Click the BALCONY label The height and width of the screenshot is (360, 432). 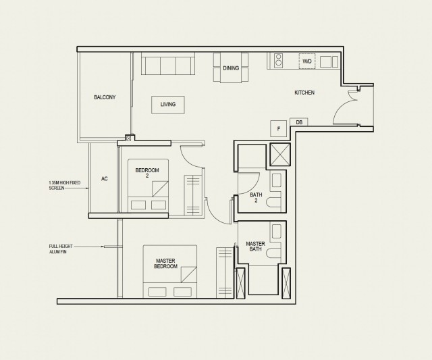[x=105, y=97]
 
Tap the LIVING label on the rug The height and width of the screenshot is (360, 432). [x=168, y=105]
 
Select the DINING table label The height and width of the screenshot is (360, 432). [x=230, y=68]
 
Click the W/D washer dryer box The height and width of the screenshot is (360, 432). [x=307, y=61]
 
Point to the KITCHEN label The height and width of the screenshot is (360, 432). [x=304, y=93]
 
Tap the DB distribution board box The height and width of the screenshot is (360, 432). [x=298, y=122]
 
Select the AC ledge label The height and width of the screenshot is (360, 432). [x=105, y=179]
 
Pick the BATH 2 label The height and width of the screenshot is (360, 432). [x=256, y=198]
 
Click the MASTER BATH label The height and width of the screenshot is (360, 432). [x=255, y=247]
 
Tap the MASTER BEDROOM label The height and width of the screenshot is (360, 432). [x=166, y=263]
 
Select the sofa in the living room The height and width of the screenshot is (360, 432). [x=168, y=66]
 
